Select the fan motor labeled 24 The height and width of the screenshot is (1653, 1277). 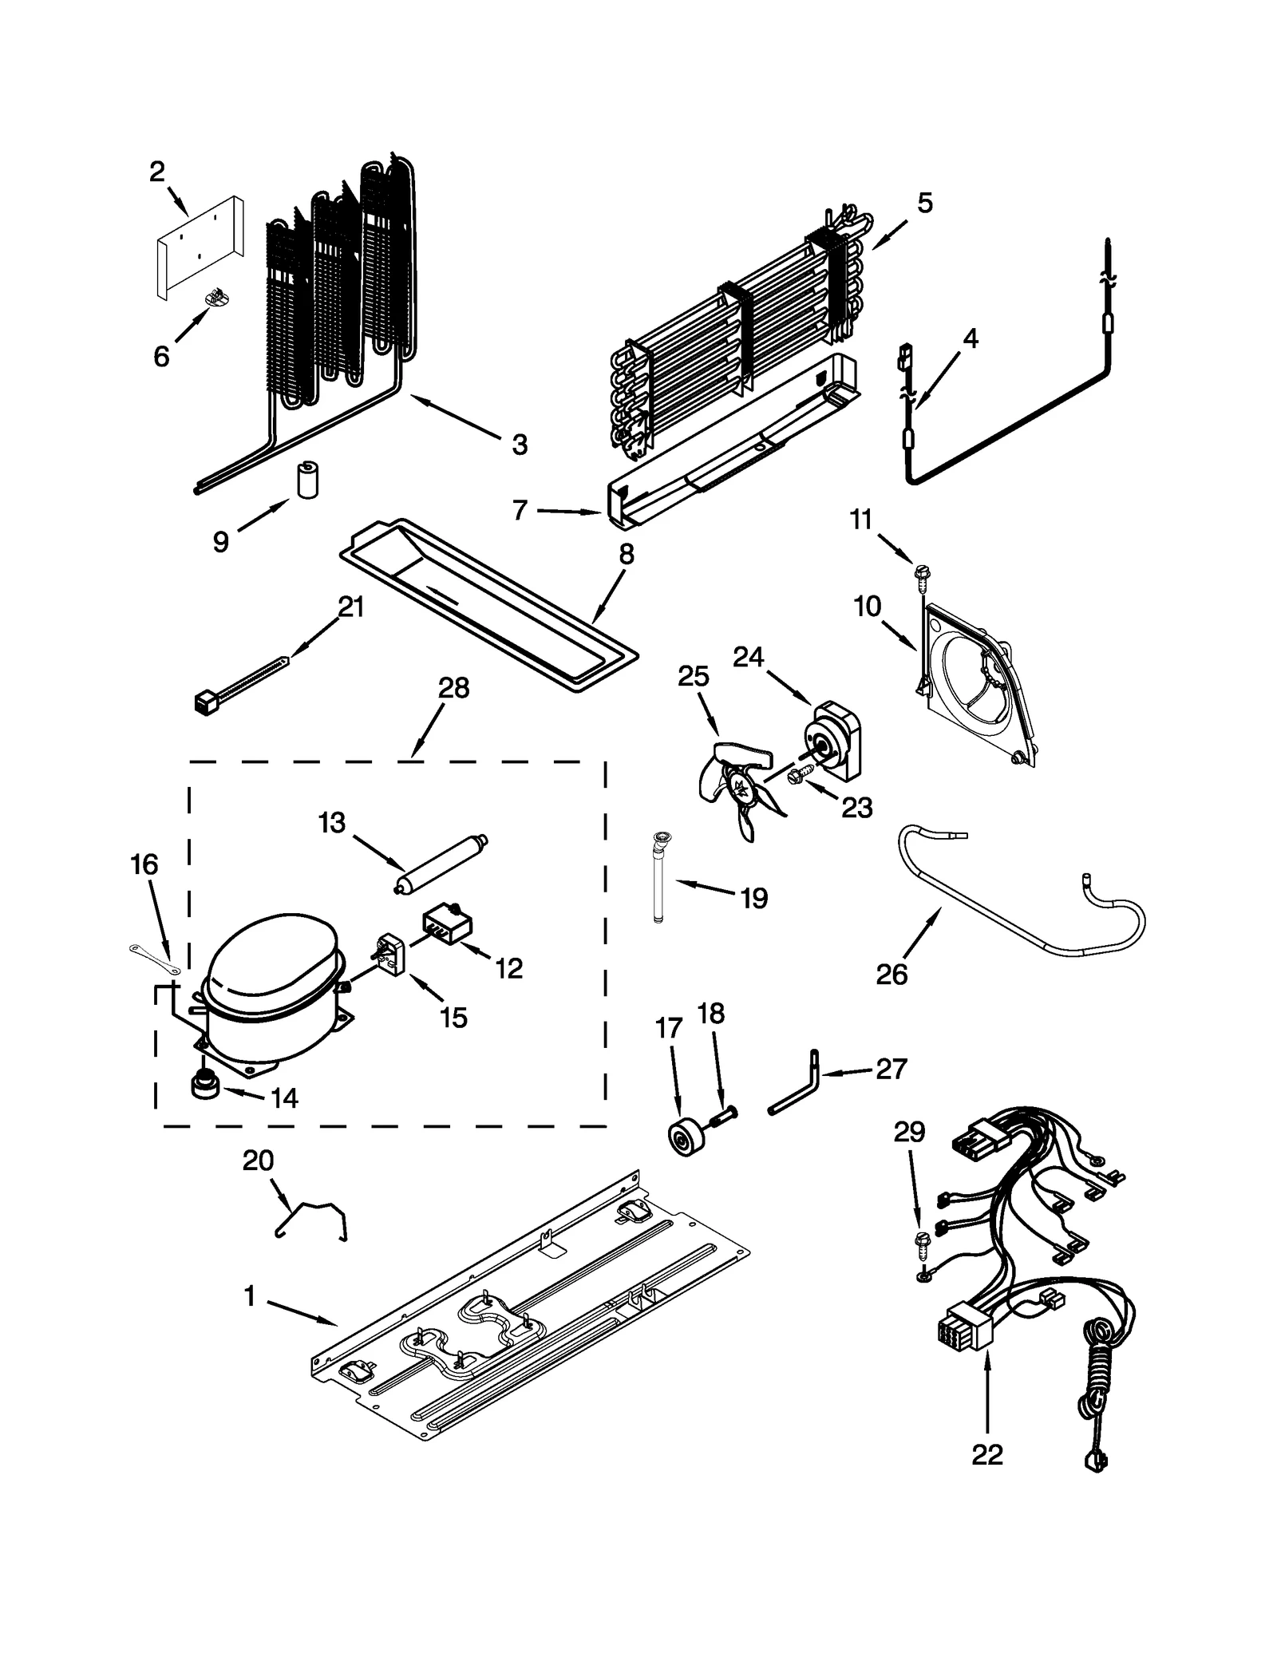[834, 738]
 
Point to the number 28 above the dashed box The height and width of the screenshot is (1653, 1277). [453, 688]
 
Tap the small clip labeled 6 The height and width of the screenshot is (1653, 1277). [215, 298]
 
